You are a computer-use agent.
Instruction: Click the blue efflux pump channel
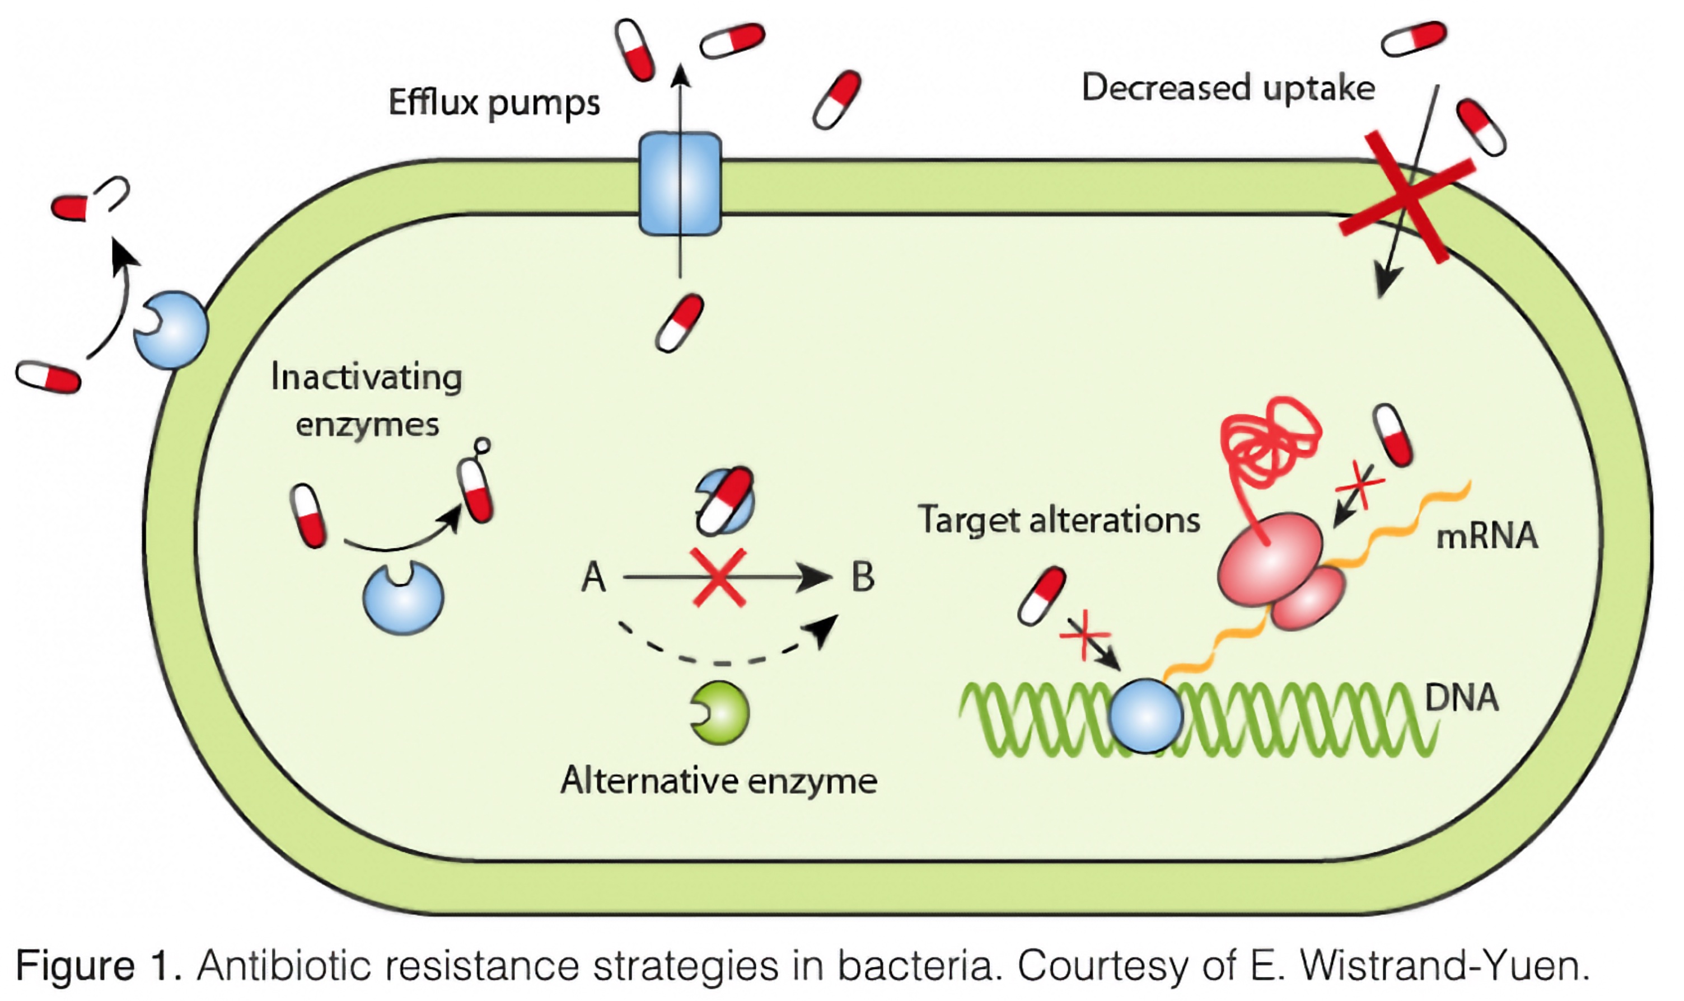tap(680, 184)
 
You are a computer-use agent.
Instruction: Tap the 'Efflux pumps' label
tap(494, 103)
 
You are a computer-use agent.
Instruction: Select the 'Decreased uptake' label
tap(1228, 88)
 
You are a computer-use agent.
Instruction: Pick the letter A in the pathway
tap(593, 577)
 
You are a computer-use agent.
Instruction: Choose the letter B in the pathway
tap(863, 577)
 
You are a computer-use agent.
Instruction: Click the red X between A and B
tap(718, 577)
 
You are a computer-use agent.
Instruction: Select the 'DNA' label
tap(1461, 698)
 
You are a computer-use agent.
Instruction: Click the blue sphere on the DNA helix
tap(1145, 716)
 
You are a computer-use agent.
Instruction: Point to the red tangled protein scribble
tap(1269, 442)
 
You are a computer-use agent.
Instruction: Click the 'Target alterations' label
tap(1059, 520)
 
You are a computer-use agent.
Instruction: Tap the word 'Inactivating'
tap(366, 377)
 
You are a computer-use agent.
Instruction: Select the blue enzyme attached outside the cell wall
tap(171, 330)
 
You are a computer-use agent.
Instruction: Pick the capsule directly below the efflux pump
tap(680, 322)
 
